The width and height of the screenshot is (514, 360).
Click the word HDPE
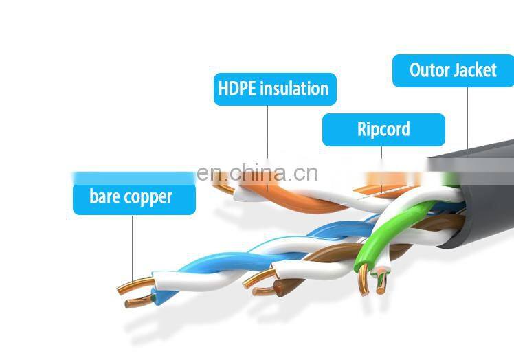pyautogui.click(x=236, y=89)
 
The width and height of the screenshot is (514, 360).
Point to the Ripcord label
pyautogui.click(x=383, y=129)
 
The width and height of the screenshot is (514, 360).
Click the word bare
pyautogui.click(x=104, y=198)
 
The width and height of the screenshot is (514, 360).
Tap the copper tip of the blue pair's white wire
pyautogui.click(x=131, y=284)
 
